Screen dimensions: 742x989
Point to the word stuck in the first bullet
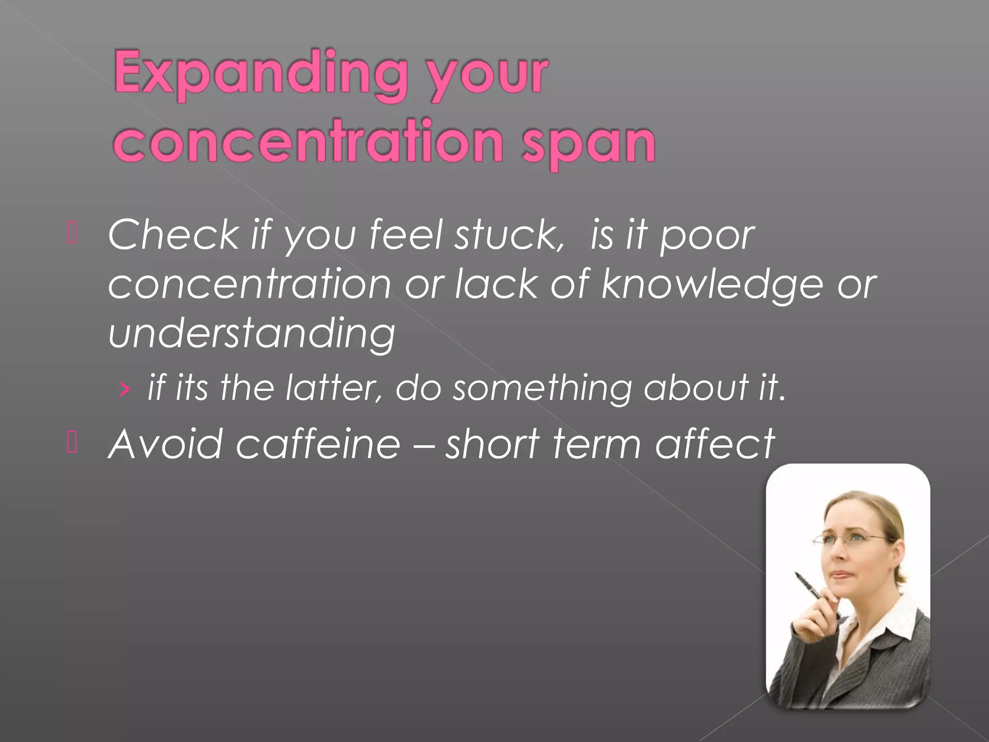click(x=509, y=235)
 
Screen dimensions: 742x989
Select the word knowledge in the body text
click(x=712, y=285)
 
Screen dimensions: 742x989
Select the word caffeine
click(x=318, y=444)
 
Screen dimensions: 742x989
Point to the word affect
click(x=715, y=444)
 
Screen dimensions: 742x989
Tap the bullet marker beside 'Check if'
click(x=72, y=234)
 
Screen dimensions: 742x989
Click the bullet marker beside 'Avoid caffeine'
click(x=72, y=442)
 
